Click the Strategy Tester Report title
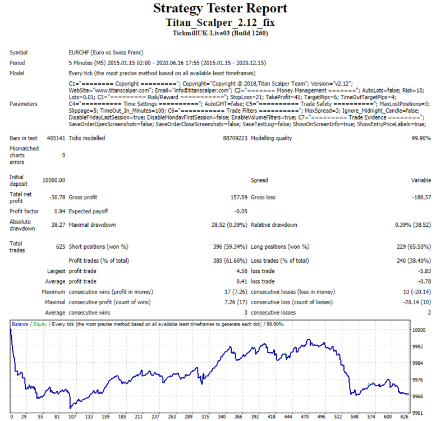[220, 8]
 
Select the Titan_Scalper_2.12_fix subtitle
[220, 22]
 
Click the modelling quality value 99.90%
[421, 138]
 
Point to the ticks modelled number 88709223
[235, 138]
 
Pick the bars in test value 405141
[56, 138]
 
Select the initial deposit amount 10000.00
[54, 180]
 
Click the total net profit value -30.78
[57, 197]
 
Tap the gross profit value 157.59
[239, 197]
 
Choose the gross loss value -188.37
[421, 197]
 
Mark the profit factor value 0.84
[59, 212]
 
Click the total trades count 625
[61, 247]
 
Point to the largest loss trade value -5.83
[424, 271]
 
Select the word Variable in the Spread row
[421, 180]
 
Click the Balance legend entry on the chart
[20, 324]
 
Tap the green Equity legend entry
[40, 324]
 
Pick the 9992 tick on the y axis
[417, 346]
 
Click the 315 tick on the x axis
[205, 417]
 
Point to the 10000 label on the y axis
[419, 330]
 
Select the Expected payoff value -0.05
[241, 212]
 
